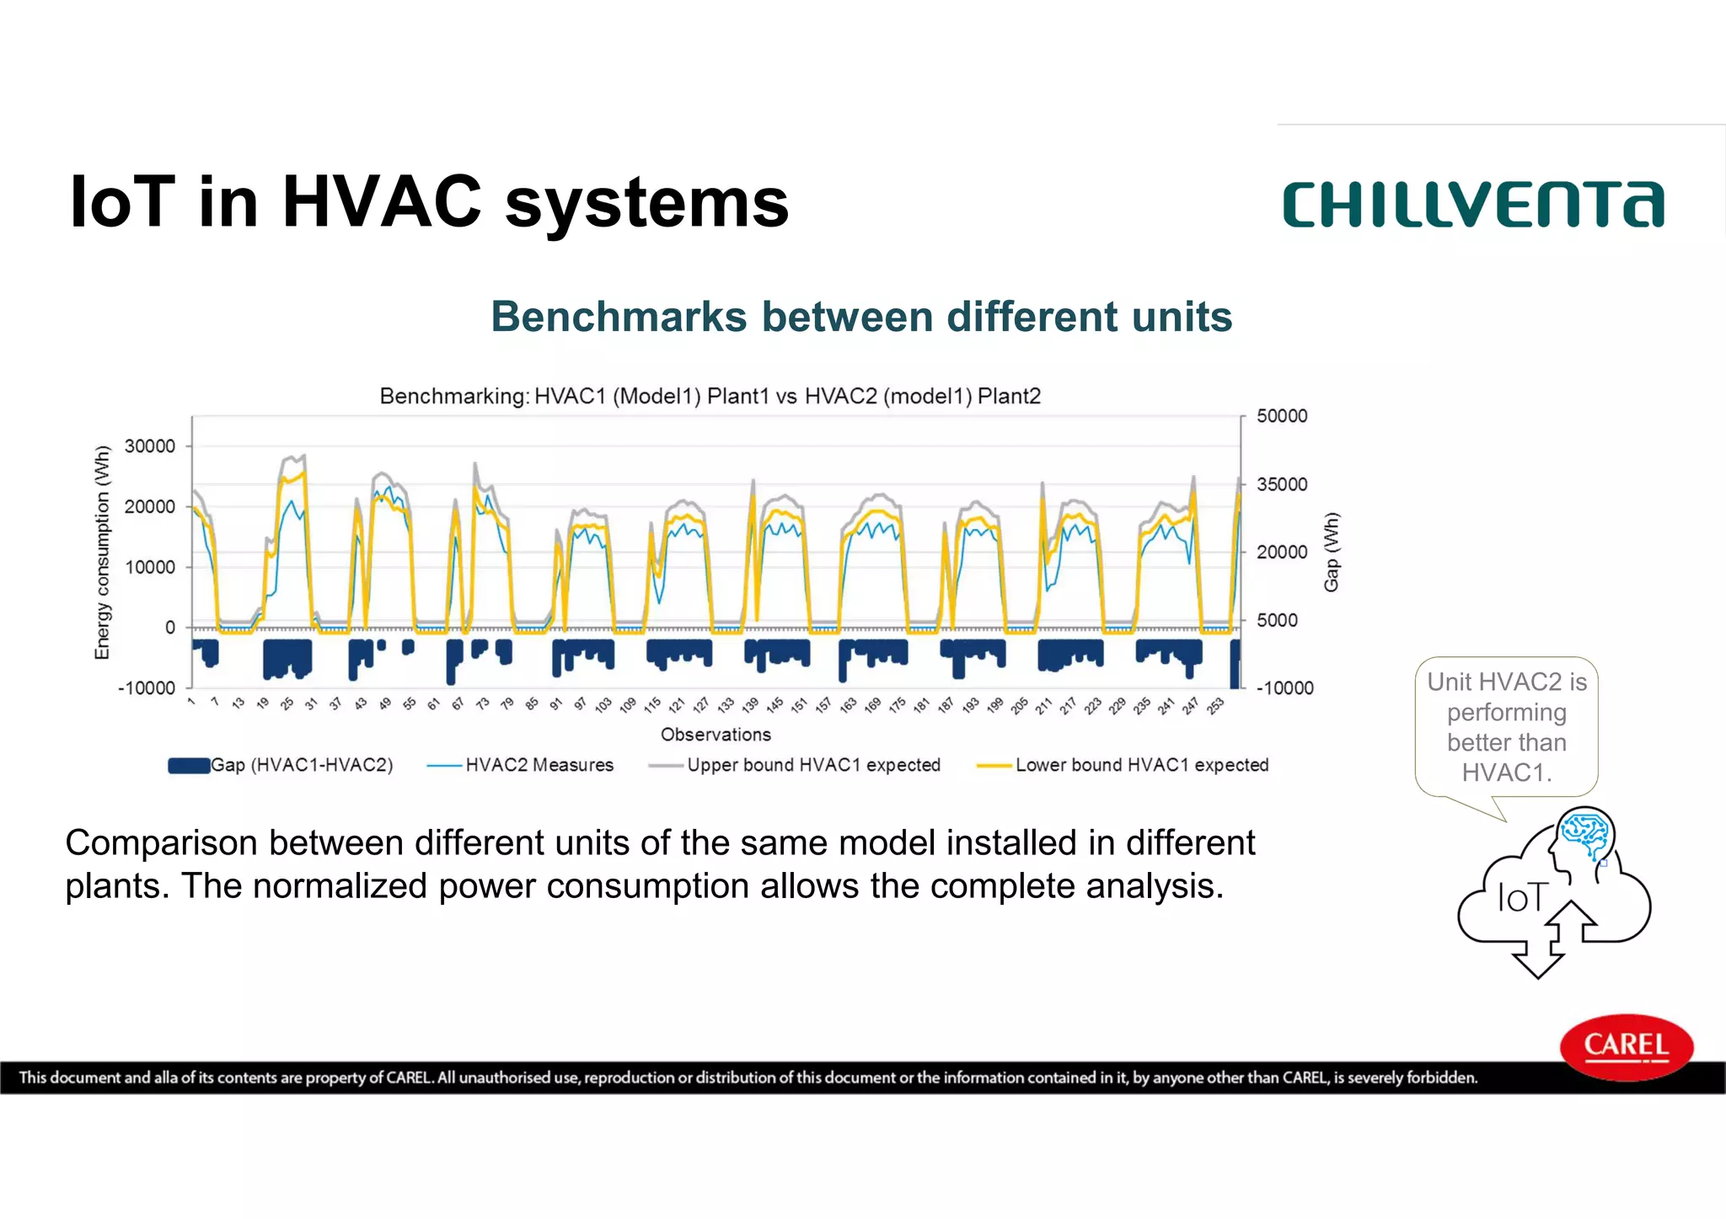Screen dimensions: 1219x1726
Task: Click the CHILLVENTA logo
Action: tap(1473, 205)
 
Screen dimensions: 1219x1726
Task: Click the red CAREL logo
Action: tap(1626, 1046)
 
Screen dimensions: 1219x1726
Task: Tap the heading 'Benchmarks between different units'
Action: tap(861, 317)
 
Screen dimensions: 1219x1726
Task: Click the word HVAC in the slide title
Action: tap(382, 202)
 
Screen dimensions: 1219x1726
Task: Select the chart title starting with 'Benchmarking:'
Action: tap(710, 396)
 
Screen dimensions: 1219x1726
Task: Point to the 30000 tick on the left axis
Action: tap(150, 446)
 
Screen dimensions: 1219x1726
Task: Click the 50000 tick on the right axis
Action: tap(1282, 416)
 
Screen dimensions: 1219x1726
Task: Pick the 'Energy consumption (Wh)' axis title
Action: tap(102, 552)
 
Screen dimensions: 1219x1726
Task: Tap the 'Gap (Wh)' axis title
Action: tap(1331, 552)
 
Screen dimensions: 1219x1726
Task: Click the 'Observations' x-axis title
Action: tap(716, 735)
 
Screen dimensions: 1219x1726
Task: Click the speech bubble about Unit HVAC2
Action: tap(1506, 727)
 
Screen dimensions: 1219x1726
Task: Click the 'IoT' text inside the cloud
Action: tap(1521, 898)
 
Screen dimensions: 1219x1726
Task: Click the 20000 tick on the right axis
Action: tap(1282, 552)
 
